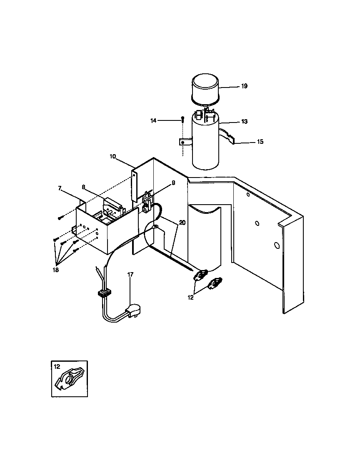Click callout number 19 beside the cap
[x=244, y=86]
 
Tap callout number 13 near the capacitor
[x=244, y=122]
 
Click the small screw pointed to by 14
[x=182, y=119]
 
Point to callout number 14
[x=154, y=120]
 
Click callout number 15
[x=260, y=142]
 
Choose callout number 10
[x=113, y=156]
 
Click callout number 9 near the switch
[x=173, y=183]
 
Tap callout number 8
[x=84, y=187]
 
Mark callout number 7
[x=60, y=189]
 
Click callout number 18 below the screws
[x=56, y=270]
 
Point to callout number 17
[x=130, y=274]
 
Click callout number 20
[x=182, y=223]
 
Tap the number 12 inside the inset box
[x=57, y=367]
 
